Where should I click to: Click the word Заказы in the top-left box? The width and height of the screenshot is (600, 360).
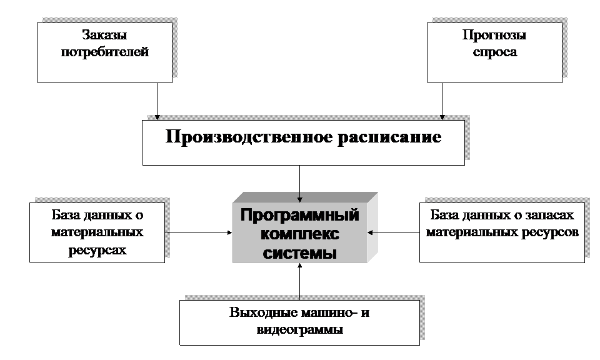tap(104, 35)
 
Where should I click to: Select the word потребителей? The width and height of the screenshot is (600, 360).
tap(105, 52)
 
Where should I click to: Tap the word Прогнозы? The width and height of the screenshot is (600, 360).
tap(494, 35)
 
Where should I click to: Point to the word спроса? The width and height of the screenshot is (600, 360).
tap(495, 52)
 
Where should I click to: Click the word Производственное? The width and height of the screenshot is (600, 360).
tap(249, 137)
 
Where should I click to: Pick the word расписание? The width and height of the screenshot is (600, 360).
tap(389, 137)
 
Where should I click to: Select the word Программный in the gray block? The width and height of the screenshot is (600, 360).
tap(299, 215)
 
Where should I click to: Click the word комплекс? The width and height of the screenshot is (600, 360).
tap(300, 233)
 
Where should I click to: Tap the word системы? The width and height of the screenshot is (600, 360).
tap(300, 252)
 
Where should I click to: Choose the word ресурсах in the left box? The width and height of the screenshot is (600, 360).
tap(97, 250)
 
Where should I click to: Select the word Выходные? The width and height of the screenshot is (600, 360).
tap(264, 312)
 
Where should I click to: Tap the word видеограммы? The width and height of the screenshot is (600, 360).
tap(299, 329)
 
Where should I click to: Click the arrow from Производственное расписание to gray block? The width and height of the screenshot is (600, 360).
tap(299, 184)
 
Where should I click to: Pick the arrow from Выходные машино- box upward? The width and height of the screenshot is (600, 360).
tap(299, 281)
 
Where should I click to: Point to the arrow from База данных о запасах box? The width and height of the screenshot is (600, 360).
tap(393, 232)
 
